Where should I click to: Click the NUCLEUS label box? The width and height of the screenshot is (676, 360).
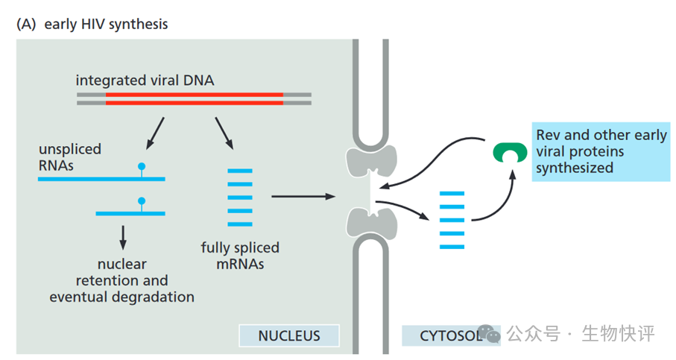pyautogui.click(x=288, y=335)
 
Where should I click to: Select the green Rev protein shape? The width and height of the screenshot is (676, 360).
pyautogui.click(x=509, y=152)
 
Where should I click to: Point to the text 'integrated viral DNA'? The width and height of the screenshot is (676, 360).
pyautogui.click(x=145, y=80)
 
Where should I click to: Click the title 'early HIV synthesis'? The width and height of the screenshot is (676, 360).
pyautogui.click(x=106, y=24)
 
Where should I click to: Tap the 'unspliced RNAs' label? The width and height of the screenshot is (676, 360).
pyautogui.click(x=69, y=157)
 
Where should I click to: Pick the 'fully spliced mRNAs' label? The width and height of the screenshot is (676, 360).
pyautogui.click(x=240, y=255)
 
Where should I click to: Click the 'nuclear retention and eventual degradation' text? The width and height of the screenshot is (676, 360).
pyautogui.click(x=122, y=280)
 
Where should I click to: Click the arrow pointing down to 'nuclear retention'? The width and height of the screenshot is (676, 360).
pyautogui.click(x=123, y=237)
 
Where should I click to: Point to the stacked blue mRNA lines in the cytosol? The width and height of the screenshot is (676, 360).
pyautogui.click(x=452, y=220)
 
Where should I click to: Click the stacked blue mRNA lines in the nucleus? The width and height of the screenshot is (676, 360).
pyautogui.click(x=240, y=197)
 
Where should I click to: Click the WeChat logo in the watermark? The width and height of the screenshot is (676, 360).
pyautogui.click(x=489, y=333)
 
